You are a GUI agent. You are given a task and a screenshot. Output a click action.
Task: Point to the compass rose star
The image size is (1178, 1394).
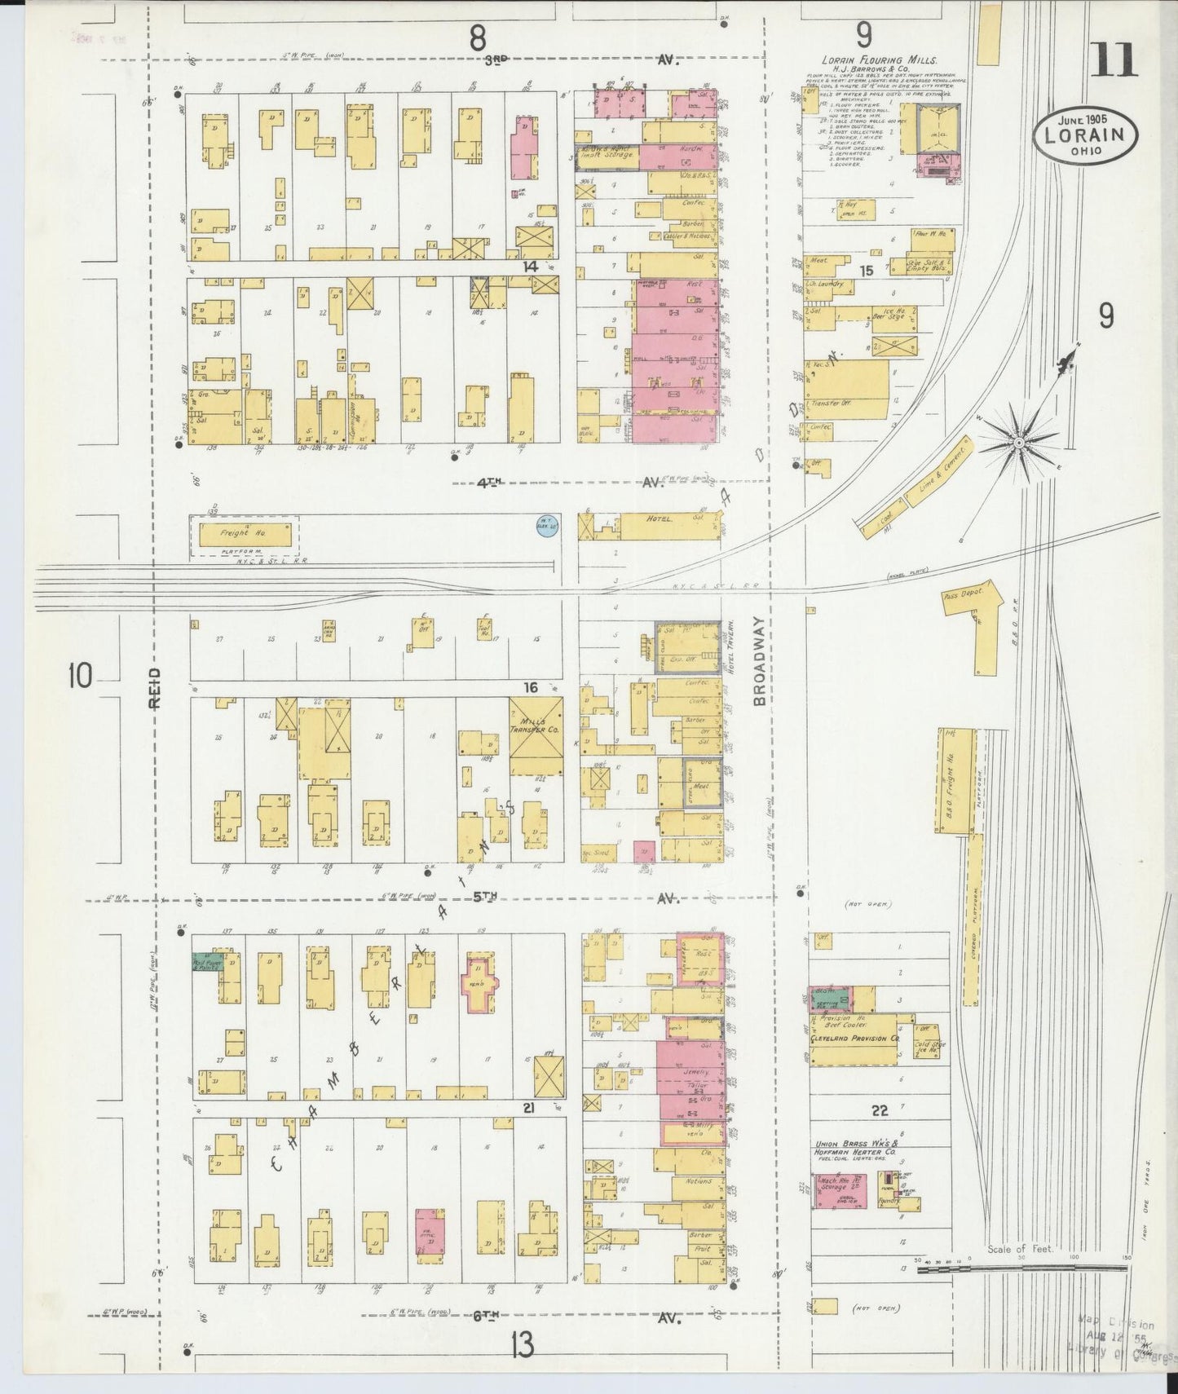tap(1017, 441)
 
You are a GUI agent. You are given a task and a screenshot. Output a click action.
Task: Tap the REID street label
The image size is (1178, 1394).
tap(157, 689)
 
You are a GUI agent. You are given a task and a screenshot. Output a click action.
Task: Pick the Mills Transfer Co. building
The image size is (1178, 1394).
tap(536, 736)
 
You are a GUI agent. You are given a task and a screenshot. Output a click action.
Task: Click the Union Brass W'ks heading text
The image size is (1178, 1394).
tap(854, 1145)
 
